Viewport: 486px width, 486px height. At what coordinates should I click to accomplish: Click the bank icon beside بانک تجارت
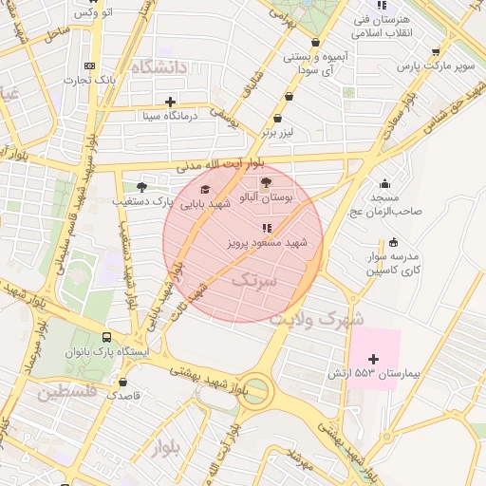[90, 65]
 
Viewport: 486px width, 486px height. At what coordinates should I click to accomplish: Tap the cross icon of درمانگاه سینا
[170, 102]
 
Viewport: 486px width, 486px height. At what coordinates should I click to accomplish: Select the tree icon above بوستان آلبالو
[265, 181]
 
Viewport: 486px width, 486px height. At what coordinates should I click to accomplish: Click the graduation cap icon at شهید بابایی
[205, 189]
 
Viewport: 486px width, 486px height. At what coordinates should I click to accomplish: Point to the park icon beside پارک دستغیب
[141, 187]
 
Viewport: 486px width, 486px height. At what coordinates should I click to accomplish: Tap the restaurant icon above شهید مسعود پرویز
[267, 228]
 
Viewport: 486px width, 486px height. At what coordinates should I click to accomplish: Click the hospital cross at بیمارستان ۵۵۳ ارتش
[372, 359]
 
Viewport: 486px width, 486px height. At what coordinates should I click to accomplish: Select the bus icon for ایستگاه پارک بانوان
[106, 337]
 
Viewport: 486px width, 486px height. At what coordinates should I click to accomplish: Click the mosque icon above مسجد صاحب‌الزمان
[384, 184]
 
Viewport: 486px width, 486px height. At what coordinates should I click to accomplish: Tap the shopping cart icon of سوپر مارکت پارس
[436, 51]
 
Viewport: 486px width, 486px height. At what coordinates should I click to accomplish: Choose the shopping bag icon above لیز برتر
[277, 119]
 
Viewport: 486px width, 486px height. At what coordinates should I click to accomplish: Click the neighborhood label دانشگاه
[161, 67]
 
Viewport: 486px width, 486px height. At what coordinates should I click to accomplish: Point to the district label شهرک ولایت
[316, 319]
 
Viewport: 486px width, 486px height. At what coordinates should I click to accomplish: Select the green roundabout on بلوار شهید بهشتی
[252, 389]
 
